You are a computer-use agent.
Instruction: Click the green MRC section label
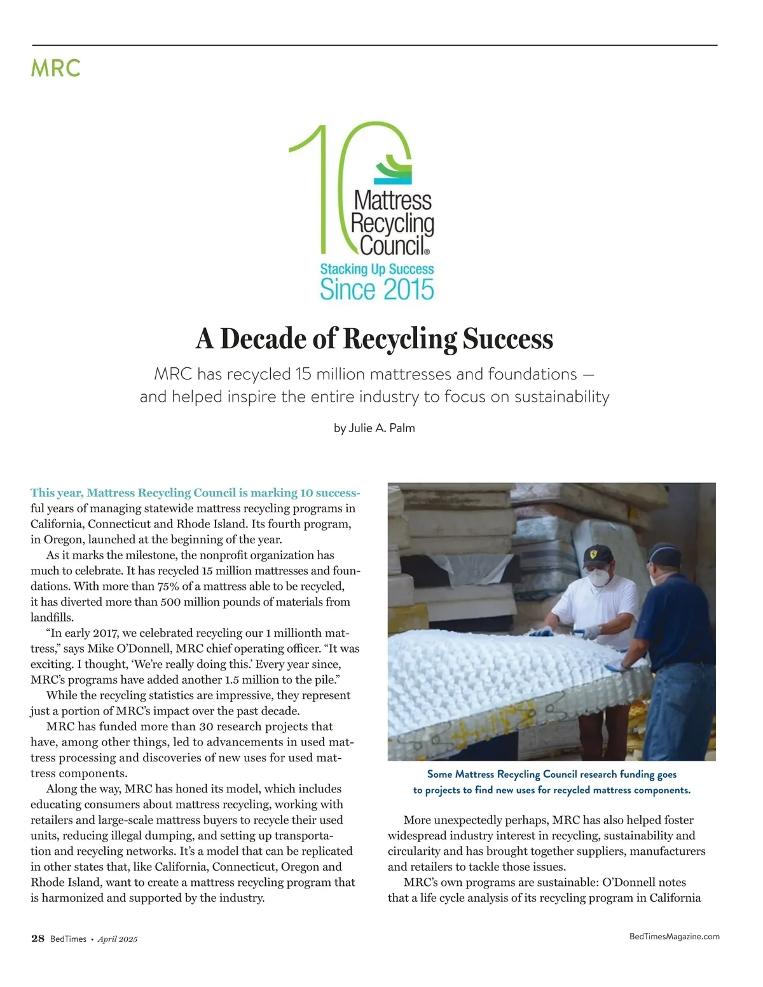[x=56, y=68]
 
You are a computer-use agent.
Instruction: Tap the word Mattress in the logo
[x=392, y=201]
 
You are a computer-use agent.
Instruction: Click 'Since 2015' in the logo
[x=376, y=290]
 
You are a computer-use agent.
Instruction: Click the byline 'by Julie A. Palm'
[x=374, y=428]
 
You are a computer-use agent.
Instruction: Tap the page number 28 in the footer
[x=38, y=939]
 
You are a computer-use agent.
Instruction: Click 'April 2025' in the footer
[x=118, y=939]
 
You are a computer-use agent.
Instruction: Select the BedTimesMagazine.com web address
[x=674, y=936]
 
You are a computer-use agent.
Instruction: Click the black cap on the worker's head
[x=597, y=555]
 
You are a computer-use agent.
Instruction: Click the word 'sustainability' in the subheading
[x=561, y=397]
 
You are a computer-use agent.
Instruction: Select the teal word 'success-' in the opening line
[x=337, y=493]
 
